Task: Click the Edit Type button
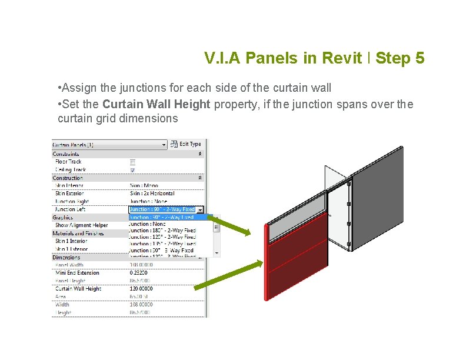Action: (187, 144)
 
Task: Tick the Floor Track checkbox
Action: (132, 162)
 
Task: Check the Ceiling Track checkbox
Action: (132, 170)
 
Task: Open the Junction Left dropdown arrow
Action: (200, 209)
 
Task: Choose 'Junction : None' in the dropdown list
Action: (148, 224)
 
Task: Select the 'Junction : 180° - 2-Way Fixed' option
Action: (162, 231)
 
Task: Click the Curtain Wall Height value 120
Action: (141, 289)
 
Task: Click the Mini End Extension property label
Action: (77, 273)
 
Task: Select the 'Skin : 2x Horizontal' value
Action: (152, 194)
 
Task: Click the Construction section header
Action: (68, 178)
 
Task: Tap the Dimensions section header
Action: (66, 257)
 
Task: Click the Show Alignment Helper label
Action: (81, 225)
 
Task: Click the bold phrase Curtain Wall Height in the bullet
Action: (156, 104)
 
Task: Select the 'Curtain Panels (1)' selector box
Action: (109, 145)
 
